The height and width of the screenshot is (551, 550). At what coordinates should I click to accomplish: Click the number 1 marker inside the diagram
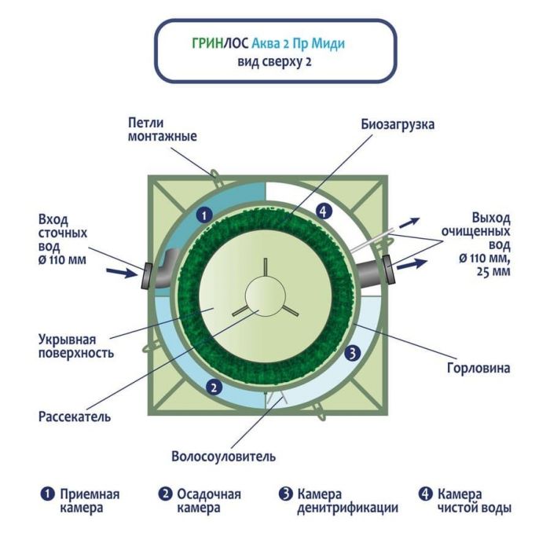[x=203, y=213]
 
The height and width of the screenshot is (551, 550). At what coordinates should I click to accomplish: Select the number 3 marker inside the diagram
[x=353, y=354]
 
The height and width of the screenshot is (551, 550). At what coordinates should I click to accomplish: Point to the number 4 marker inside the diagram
[x=321, y=210]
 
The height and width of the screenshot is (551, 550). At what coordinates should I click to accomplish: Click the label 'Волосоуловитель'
[x=223, y=456]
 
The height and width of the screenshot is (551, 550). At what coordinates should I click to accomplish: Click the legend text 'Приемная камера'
[x=90, y=501]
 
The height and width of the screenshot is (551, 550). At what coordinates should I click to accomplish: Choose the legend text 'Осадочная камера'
[x=208, y=501]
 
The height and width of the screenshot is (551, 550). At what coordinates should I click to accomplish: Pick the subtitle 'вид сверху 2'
[x=275, y=61]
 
